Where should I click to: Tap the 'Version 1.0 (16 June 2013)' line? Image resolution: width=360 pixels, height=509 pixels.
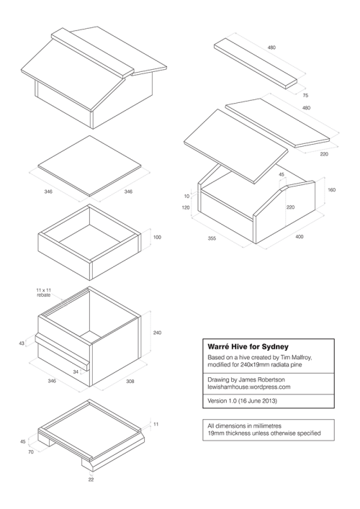click(242, 400)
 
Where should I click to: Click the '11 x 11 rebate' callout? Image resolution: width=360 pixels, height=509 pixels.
click(45, 292)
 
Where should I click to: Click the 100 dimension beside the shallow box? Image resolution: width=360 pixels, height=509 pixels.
click(158, 237)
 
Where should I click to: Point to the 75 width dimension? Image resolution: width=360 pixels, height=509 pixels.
click(305, 94)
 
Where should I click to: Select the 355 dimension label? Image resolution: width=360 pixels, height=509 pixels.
click(212, 237)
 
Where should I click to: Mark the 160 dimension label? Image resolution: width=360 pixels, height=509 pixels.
click(331, 190)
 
